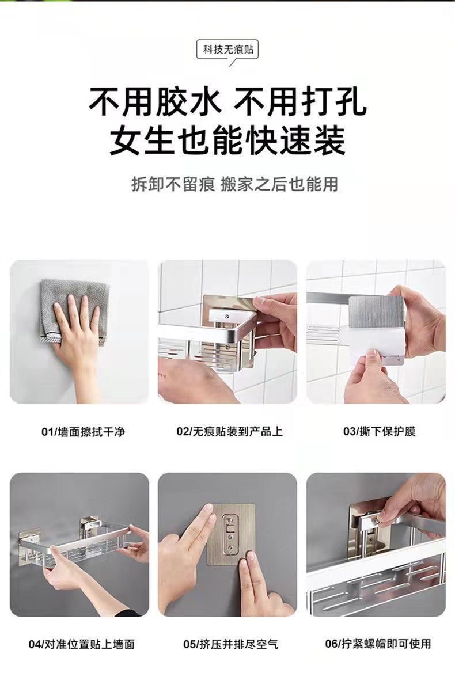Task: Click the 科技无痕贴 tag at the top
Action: coord(227,50)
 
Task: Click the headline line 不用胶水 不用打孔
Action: coord(227,102)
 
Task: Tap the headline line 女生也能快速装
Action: coord(227,140)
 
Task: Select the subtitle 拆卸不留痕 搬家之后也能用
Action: coord(234,184)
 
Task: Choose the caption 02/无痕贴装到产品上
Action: coord(229,431)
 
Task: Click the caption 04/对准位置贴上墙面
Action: coord(82,644)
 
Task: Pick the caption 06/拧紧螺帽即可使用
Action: coord(377,644)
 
